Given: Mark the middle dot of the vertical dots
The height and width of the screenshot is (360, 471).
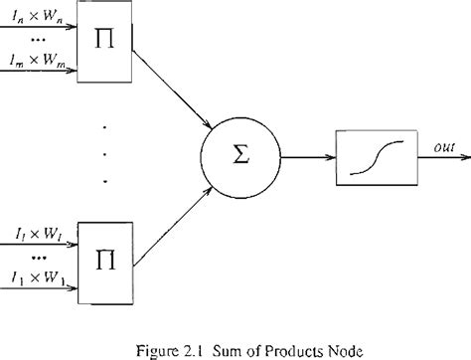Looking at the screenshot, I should click(x=106, y=154).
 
